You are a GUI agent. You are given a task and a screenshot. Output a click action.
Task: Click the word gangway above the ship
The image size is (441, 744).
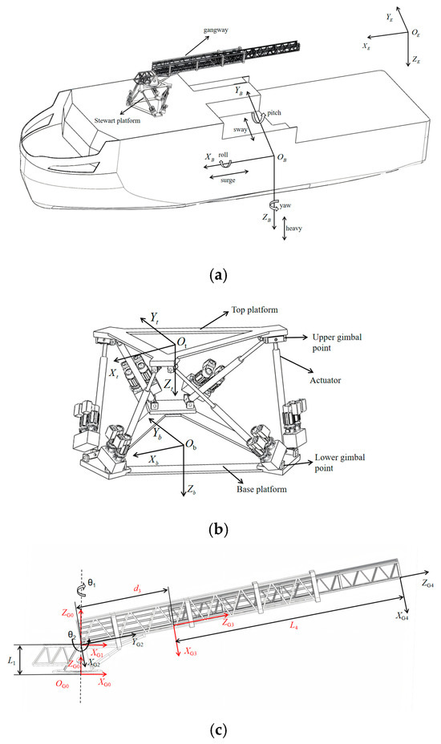[x=216, y=30]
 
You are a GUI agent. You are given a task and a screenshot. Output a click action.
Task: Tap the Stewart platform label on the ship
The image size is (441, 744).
[x=117, y=120]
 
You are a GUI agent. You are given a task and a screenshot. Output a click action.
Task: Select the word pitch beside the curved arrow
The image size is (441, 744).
[x=274, y=113]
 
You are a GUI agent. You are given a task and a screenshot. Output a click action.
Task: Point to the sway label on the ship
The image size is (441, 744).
[x=241, y=129]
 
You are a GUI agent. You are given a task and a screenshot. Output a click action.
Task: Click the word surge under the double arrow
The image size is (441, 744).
[x=228, y=180]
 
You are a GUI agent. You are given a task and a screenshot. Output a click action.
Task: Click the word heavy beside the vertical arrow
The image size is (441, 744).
[x=293, y=228]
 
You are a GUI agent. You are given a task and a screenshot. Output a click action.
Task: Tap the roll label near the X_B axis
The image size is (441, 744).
[x=223, y=155]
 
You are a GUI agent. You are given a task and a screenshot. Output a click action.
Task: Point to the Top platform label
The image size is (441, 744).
[x=254, y=309]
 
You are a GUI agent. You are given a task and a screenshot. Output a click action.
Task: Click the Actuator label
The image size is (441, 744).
[x=326, y=380]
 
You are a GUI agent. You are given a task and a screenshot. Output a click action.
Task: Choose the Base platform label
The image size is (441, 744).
[x=261, y=489]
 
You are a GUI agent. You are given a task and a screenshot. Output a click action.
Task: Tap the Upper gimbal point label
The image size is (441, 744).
[x=337, y=342]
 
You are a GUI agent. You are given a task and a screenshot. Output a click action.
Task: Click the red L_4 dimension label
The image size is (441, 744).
[x=294, y=626]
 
